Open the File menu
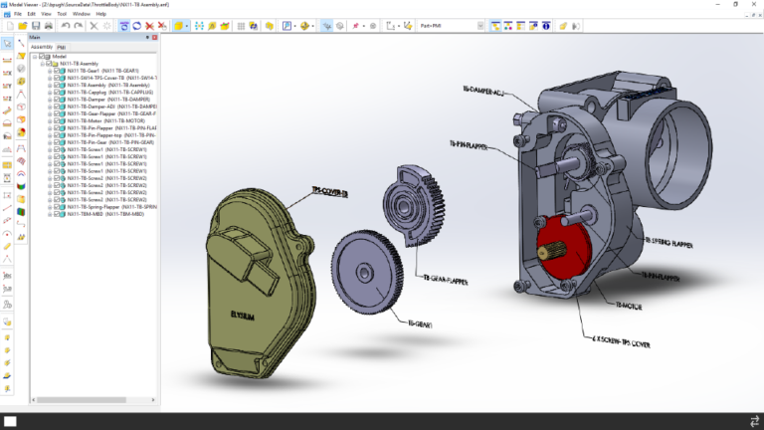(18, 14)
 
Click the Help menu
(100, 14)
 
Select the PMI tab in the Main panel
(61, 47)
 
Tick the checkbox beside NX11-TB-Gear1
(56, 72)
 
